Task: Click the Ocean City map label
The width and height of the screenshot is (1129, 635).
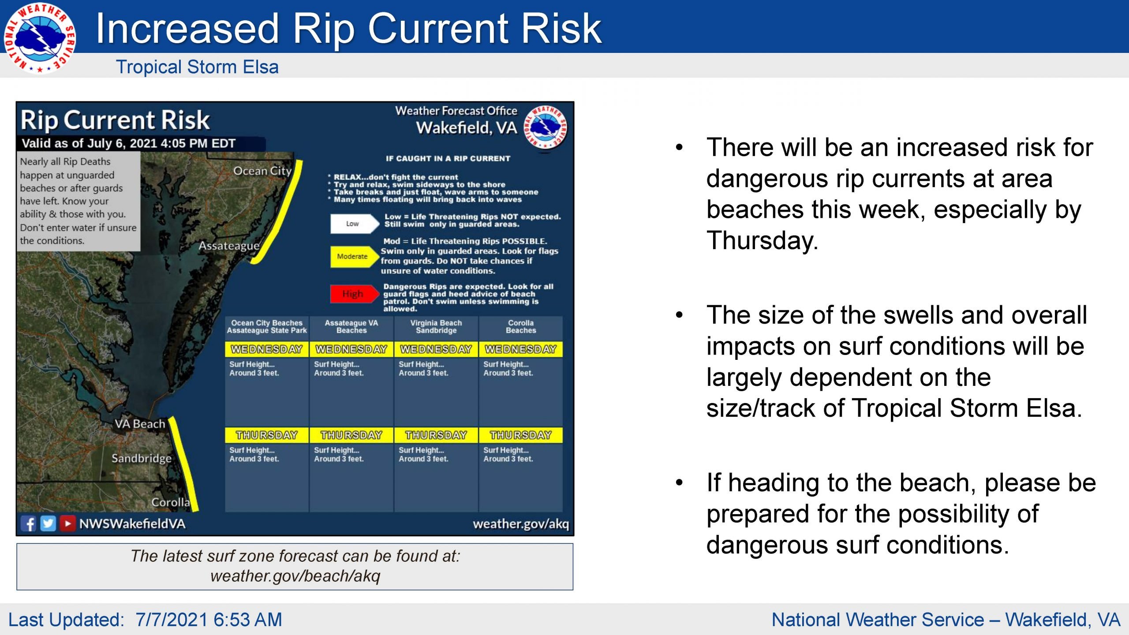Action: tap(262, 171)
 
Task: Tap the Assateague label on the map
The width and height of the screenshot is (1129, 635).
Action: tap(229, 246)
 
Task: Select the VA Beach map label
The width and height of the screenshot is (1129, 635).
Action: tap(140, 424)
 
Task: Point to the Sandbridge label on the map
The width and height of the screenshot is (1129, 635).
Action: tap(142, 459)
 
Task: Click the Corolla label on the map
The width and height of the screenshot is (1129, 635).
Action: tap(171, 502)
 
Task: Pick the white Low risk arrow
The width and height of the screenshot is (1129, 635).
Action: tap(355, 224)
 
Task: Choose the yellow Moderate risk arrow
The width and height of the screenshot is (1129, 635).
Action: tap(355, 257)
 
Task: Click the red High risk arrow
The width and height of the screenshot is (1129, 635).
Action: tap(355, 294)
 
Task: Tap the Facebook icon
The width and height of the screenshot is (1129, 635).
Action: tap(29, 523)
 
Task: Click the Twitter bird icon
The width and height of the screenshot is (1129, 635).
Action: tap(48, 523)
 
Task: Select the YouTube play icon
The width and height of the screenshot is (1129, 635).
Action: tap(67, 523)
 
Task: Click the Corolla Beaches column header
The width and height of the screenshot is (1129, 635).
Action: tap(521, 327)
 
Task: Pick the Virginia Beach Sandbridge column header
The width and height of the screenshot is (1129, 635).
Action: tap(436, 327)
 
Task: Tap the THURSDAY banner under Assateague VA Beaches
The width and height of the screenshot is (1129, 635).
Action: tap(351, 435)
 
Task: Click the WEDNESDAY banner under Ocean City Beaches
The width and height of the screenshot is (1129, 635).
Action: tap(267, 349)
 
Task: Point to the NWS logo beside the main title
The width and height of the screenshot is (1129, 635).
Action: tap(40, 38)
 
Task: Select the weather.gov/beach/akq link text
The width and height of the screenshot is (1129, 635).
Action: tap(295, 576)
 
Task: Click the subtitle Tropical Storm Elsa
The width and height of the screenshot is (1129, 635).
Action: tap(197, 67)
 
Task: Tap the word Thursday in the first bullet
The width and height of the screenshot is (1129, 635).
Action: tap(762, 241)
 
